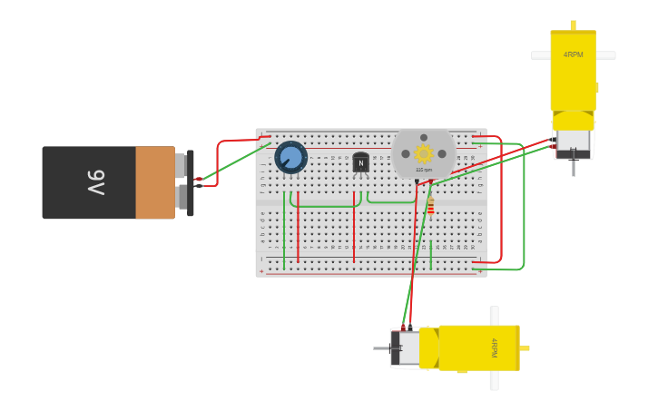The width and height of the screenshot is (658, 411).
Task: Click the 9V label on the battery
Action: pyautogui.click(x=96, y=182)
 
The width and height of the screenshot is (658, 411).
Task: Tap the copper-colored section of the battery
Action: pyautogui.click(x=155, y=182)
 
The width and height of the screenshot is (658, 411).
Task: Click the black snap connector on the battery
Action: pyautogui.click(x=191, y=182)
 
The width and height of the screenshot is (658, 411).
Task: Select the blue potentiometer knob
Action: pyautogui.click(x=290, y=158)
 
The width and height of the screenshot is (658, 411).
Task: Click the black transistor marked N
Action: pyautogui.click(x=360, y=162)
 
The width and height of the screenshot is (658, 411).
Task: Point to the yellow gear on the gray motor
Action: pyautogui.click(x=424, y=153)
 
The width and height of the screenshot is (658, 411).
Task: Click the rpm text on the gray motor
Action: pyautogui.click(x=424, y=170)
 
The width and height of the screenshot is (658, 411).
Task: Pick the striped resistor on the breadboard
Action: pyautogui.click(x=431, y=207)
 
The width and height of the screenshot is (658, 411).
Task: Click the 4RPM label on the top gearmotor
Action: pyautogui.click(x=573, y=55)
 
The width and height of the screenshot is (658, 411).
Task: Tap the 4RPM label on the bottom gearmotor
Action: pyautogui.click(x=494, y=347)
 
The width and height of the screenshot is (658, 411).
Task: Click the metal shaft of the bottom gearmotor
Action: pyautogui.click(x=381, y=347)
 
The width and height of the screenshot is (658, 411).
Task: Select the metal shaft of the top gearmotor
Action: pyautogui.click(x=573, y=168)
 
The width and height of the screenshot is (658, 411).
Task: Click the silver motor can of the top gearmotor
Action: pyautogui.click(x=573, y=142)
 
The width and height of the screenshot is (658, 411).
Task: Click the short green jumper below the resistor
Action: pyautogui.click(x=431, y=241)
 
